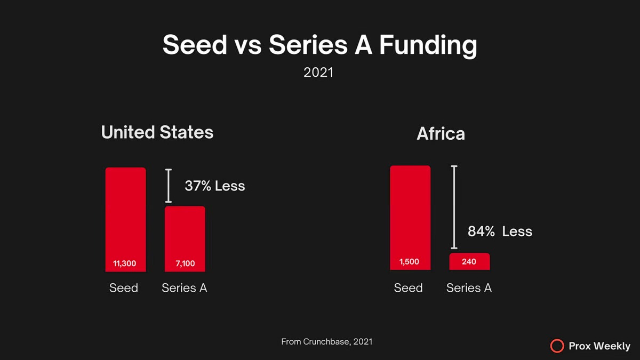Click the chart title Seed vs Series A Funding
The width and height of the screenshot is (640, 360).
click(x=319, y=45)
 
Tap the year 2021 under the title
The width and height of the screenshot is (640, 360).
click(x=318, y=72)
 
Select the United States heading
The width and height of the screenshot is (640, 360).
click(x=157, y=132)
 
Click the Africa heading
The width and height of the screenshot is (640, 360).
click(x=441, y=134)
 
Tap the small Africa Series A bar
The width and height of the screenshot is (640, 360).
click(x=469, y=261)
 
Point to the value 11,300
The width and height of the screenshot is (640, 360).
click(x=125, y=263)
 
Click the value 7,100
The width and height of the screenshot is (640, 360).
click(x=185, y=263)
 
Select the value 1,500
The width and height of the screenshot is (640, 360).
click(x=409, y=262)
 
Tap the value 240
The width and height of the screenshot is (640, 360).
click(x=469, y=262)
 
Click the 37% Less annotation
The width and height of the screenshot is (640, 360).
click(x=214, y=186)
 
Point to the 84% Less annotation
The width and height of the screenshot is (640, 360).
click(x=500, y=231)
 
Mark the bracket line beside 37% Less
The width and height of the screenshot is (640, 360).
click(x=169, y=186)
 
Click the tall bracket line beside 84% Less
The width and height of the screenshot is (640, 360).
click(x=454, y=207)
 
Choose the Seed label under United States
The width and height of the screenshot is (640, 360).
click(x=124, y=288)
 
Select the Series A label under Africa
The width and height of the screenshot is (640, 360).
click(x=469, y=288)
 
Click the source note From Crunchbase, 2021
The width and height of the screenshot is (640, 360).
click(x=326, y=341)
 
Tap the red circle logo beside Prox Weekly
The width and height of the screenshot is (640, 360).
click(x=557, y=346)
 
